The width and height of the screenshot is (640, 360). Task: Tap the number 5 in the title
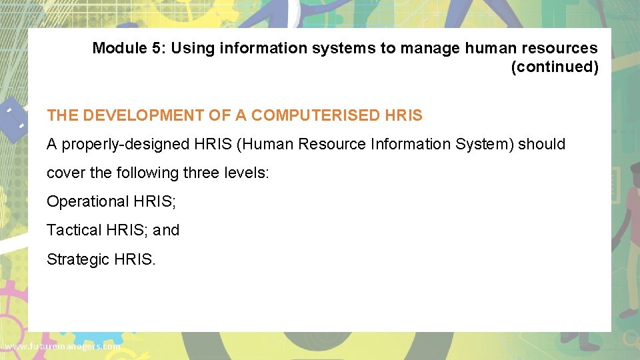(153, 48)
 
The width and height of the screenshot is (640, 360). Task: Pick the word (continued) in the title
(555, 67)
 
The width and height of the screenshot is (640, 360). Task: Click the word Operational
(83, 201)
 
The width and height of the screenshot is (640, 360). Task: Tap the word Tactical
(73, 230)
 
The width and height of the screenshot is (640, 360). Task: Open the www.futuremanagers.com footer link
(62, 347)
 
